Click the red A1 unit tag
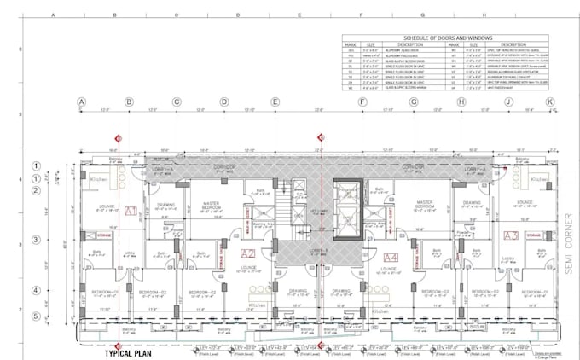[x=130, y=211]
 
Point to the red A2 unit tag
[x=248, y=253]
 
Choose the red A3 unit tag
[x=510, y=235]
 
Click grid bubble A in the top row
[x=82, y=102]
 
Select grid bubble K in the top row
[x=550, y=102]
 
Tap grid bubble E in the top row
[x=275, y=102]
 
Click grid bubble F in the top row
[x=364, y=102]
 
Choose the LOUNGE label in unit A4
[x=387, y=270]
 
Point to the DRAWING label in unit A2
[x=298, y=291]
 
